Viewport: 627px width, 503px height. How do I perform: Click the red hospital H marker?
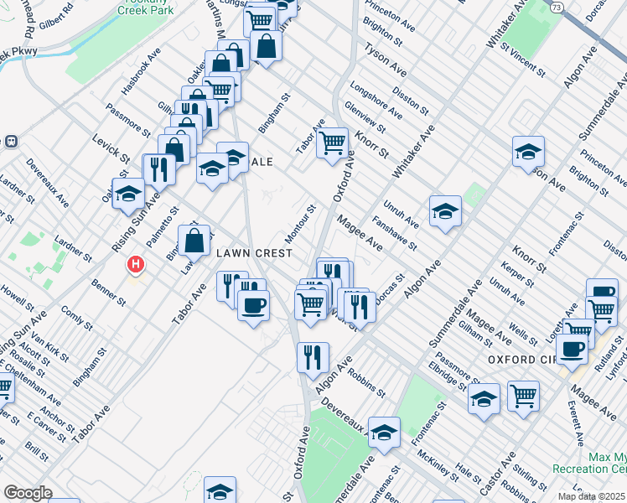[134, 266]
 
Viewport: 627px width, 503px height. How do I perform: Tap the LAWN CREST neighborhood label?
[254, 253]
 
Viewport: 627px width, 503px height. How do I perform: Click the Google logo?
[28, 493]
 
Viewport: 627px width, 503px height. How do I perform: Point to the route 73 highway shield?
[557, 6]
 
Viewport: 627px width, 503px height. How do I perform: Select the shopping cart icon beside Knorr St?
[333, 143]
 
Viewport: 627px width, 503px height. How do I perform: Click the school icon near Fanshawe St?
[446, 211]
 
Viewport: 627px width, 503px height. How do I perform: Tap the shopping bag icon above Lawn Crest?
[194, 241]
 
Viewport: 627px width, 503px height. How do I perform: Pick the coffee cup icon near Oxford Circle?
[572, 349]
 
